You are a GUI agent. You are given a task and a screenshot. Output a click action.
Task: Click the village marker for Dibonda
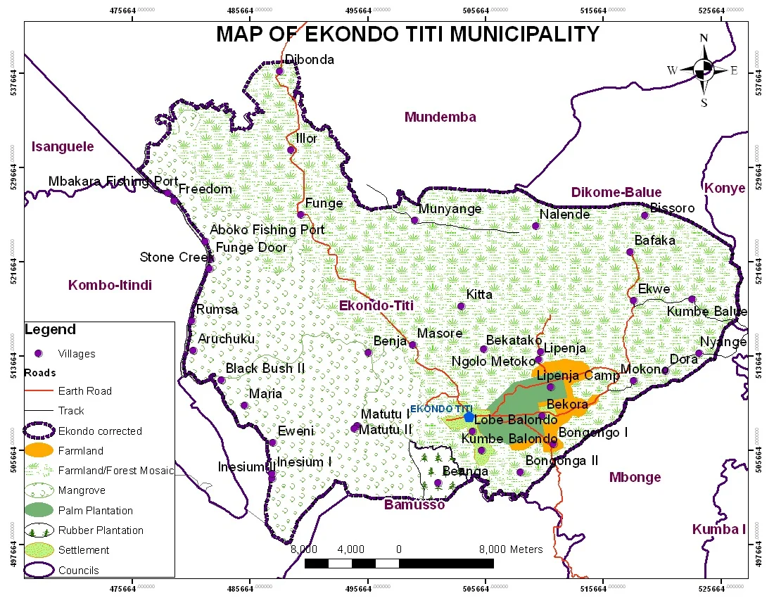point(279,71)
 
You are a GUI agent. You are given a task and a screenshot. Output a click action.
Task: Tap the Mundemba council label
point(440,117)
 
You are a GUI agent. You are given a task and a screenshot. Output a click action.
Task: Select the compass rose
point(703,69)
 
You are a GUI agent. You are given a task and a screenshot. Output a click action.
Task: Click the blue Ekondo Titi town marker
point(469,417)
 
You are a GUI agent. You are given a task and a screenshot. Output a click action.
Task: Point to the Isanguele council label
point(63,146)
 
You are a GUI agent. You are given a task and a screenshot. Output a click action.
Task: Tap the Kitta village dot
point(461,306)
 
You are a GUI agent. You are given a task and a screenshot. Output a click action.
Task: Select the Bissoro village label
point(672,208)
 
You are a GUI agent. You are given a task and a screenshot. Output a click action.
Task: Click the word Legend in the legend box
point(50,329)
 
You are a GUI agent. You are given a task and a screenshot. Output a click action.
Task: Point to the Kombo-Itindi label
point(110,285)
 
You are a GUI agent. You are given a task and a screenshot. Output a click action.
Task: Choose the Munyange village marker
point(414,220)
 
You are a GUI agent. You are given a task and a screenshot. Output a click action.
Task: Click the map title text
point(407,34)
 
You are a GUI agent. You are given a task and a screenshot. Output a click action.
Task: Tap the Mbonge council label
point(635,477)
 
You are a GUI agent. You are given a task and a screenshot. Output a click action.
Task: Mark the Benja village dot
point(367,352)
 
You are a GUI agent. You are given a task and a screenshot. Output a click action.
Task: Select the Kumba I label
point(718,529)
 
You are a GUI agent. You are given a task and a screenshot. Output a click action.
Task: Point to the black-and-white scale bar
point(399,564)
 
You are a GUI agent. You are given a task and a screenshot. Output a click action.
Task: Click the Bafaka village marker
point(630,252)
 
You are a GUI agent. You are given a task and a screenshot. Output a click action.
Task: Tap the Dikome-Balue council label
point(616,192)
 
